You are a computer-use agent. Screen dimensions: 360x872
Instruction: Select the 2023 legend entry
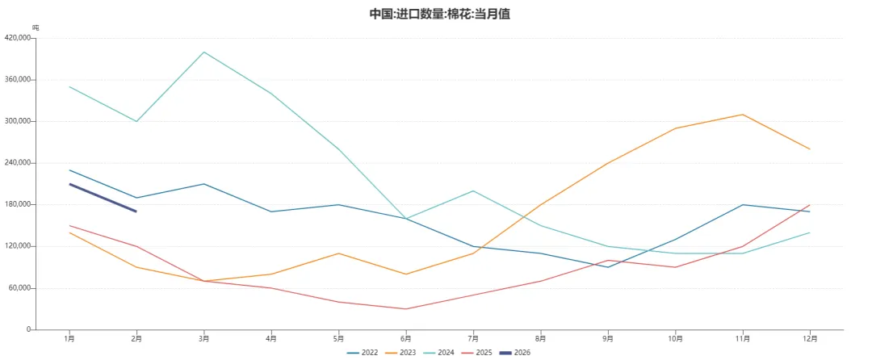tap(409, 353)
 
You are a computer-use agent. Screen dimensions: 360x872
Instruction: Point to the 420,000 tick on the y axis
tap(18, 38)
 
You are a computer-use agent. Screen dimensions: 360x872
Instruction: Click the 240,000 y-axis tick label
tap(18, 163)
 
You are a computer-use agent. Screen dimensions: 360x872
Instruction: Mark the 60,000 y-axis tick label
tap(19, 288)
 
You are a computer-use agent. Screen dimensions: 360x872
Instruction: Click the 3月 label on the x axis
tap(204, 338)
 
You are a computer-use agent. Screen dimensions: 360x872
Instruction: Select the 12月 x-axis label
tap(810, 338)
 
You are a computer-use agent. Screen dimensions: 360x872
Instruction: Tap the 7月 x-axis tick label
tap(473, 338)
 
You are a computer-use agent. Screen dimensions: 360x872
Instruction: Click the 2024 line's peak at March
tap(204, 52)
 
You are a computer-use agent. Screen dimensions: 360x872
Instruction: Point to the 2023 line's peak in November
tap(743, 115)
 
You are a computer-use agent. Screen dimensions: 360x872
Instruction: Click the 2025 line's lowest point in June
tap(406, 309)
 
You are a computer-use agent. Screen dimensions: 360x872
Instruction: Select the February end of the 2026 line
tap(136, 211)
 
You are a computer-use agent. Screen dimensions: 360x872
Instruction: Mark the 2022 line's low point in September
tap(608, 267)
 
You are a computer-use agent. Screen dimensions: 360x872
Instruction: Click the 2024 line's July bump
tap(473, 190)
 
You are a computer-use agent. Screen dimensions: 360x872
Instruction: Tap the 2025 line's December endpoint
tap(810, 205)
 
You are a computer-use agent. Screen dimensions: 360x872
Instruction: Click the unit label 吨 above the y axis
tap(35, 28)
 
